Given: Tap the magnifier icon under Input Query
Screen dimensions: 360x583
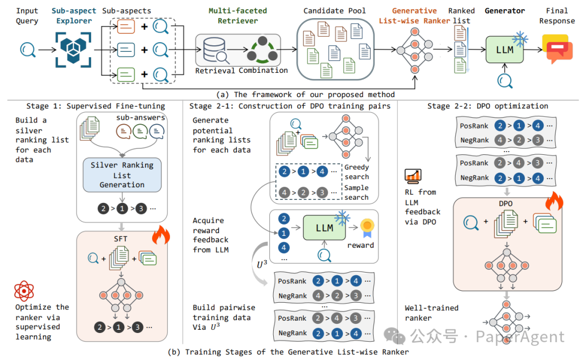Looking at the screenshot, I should [27, 51].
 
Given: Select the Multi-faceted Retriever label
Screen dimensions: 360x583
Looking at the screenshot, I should [238, 16].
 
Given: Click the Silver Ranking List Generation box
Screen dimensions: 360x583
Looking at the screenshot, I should [122, 175].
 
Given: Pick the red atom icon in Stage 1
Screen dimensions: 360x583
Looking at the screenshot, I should [24, 292].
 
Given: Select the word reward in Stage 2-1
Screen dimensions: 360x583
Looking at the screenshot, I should [360, 245].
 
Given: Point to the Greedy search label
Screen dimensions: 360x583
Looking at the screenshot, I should [356, 172].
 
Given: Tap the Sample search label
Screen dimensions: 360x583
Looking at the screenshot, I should [356, 193].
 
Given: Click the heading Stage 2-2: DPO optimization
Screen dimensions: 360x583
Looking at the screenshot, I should [487, 106].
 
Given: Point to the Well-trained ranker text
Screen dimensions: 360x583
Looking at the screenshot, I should [431, 313].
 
